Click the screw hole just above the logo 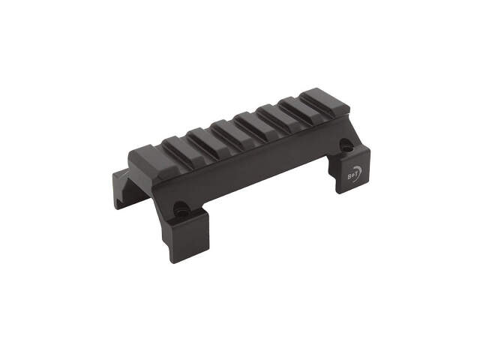[346, 146]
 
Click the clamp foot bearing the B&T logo [354, 175]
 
